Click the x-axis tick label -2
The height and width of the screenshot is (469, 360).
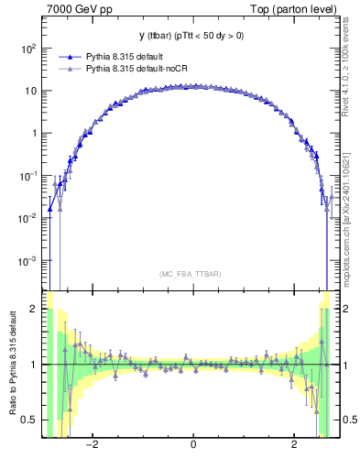pyautogui.click(x=91, y=446)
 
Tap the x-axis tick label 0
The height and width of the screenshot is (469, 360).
pyautogui.click(x=192, y=446)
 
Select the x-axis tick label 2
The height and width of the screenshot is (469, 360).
pyautogui.click(x=294, y=446)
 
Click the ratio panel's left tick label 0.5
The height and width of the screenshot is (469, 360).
pyautogui.click(x=30, y=420)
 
